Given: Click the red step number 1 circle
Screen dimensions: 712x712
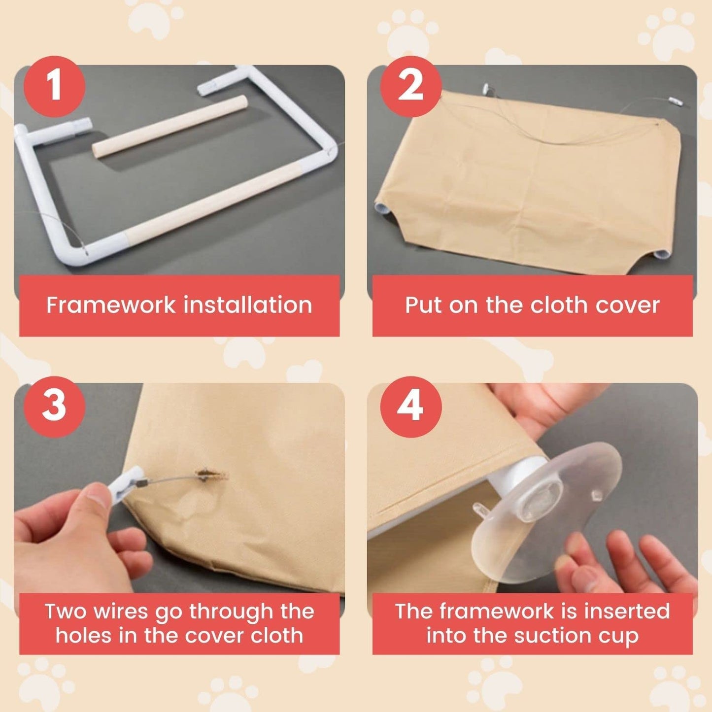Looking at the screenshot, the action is (54, 87).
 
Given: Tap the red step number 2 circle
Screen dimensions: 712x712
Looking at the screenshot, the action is (410, 87).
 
